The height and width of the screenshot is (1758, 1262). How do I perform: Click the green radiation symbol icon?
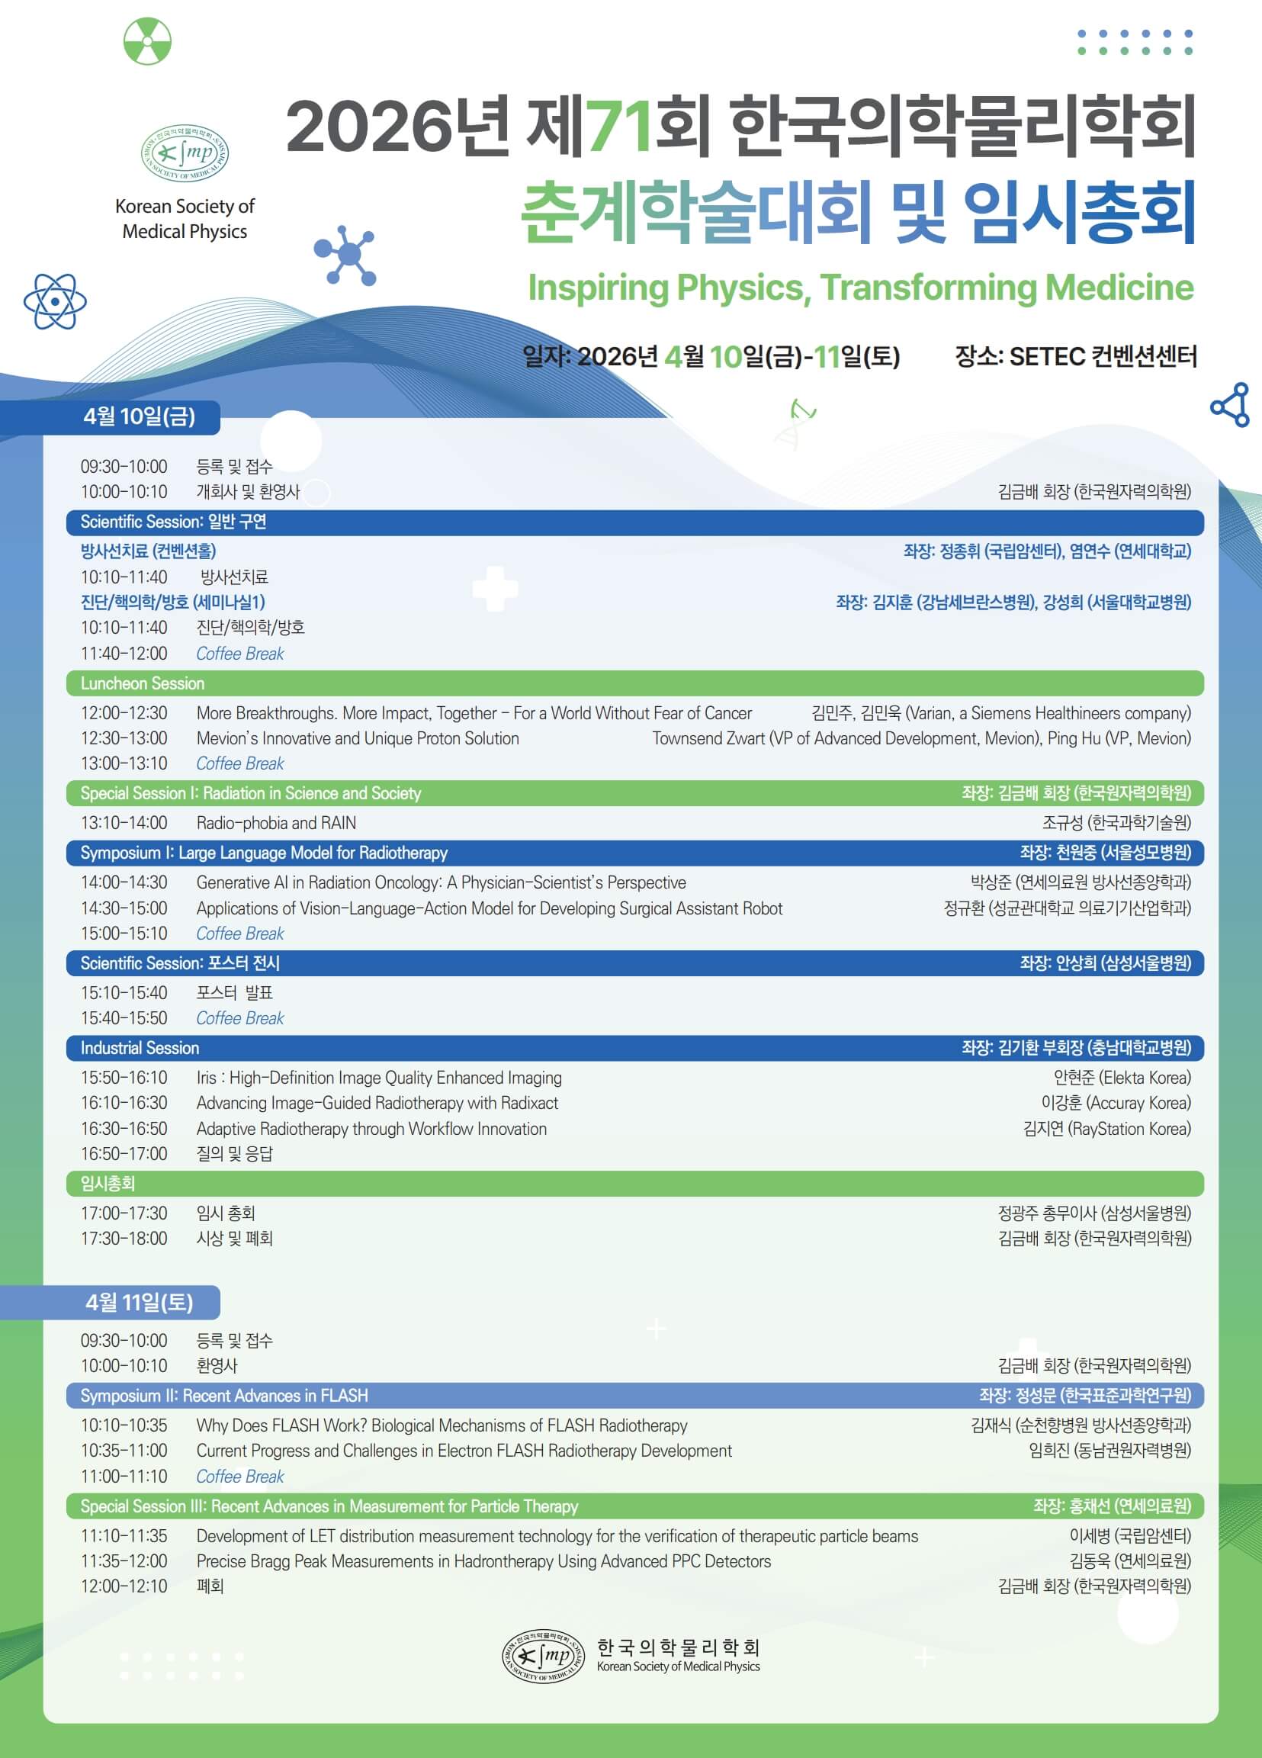point(147,41)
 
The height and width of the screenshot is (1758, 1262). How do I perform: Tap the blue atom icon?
point(55,300)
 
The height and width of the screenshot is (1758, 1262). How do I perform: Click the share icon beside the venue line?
point(1230,405)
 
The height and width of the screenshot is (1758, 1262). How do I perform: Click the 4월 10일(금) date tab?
point(140,417)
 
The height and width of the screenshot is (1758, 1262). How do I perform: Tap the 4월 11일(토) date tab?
point(140,1303)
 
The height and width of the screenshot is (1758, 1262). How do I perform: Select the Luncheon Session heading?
point(143,683)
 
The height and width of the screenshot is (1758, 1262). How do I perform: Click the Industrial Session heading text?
point(140,1048)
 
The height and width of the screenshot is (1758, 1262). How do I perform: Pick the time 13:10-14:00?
point(124,823)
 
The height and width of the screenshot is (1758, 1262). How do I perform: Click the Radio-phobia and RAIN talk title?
point(277,823)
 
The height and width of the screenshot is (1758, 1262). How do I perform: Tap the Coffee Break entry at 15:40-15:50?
point(240,1018)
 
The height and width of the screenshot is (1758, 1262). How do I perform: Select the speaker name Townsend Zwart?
point(708,739)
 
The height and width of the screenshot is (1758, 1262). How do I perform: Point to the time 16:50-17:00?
point(124,1154)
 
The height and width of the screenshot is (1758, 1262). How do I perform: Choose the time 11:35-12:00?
point(124,1561)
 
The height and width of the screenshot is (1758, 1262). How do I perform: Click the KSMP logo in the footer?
point(543,1656)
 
